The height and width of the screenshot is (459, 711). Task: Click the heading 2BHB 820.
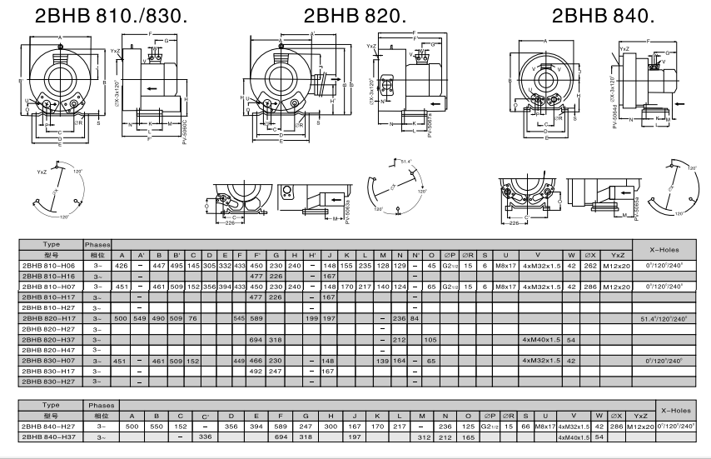click(x=355, y=16)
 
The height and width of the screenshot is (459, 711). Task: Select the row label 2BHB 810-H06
click(x=50, y=264)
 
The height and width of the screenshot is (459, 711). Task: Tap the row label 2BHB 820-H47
click(x=50, y=350)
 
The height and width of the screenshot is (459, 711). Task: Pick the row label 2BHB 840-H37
click(x=50, y=436)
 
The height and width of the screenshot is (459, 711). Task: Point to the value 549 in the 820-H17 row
click(x=141, y=317)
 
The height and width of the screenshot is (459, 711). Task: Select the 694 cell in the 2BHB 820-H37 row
click(x=256, y=339)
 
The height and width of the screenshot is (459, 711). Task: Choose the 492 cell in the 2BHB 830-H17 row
click(x=256, y=371)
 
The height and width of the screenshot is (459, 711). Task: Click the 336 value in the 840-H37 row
click(x=206, y=436)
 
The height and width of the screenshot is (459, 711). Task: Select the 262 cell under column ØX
click(x=590, y=264)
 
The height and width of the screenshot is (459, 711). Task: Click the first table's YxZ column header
click(x=618, y=254)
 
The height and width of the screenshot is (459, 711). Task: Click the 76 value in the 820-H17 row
click(x=193, y=317)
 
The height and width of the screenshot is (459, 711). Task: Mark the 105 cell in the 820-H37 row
click(x=431, y=339)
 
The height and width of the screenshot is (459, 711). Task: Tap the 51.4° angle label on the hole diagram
click(x=407, y=161)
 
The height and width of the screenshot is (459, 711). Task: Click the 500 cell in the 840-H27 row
click(x=131, y=425)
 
